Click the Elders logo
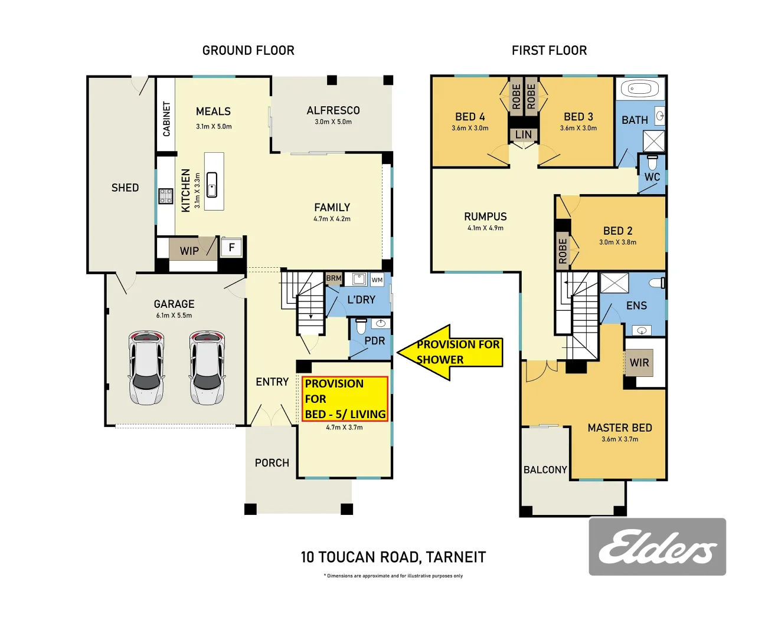pos(657,547)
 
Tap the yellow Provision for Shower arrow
pos(450,352)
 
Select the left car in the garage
pos(146,367)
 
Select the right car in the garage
pos(207,367)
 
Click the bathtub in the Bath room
pos(639,90)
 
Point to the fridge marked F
pos(232,247)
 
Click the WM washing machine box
pos(377,280)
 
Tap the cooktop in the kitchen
pos(165,196)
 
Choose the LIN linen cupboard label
pos(524,134)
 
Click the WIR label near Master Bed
pos(639,362)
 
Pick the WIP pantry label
pos(189,251)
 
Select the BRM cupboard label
pos(334,278)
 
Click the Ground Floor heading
pos(248,51)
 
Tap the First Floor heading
pos(549,51)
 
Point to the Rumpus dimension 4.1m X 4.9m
pos(485,228)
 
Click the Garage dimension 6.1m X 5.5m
pos(174,316)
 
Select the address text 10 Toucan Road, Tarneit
pos(393,557)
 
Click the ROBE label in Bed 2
pos(563,251)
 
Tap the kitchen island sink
pos(212,185)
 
